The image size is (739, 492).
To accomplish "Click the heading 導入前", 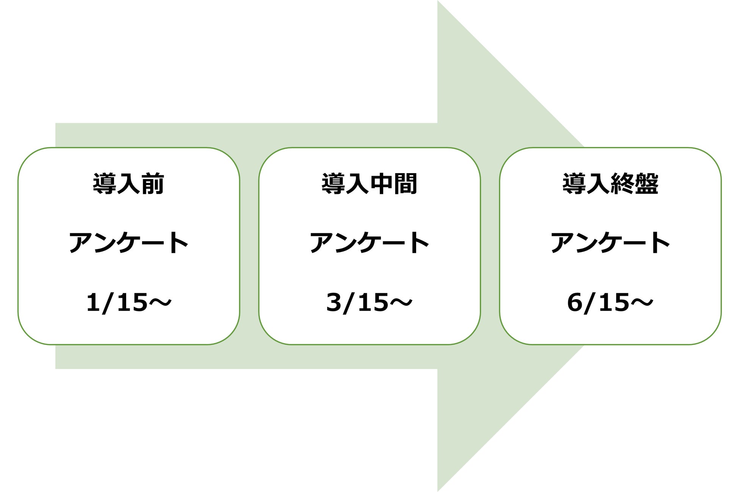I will pyautogui.click(x=128, y=184).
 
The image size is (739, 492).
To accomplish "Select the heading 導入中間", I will pyautogui.click(x=369, y=184).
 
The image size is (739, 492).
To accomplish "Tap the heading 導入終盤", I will pyautogui.click(x=610, y=184).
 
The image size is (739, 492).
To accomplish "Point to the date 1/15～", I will pyautogui.click(x=128, y=303).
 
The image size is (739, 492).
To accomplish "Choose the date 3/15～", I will pyautogui.click(x=369, y=303).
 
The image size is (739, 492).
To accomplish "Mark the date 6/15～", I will pyautogui.click(x=610, y=303).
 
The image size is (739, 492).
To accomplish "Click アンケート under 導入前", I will pyautogui.click(x=128, y=243).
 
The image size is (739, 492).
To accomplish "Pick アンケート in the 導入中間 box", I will pyautogui.click(x=369, y=243).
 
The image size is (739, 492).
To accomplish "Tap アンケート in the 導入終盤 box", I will pyautogui.click(x=610, y=243).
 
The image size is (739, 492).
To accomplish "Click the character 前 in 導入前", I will pyautogui.click(x=152, y=184).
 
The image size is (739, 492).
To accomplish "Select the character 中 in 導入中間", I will pyautogui.click(x=381, y=184).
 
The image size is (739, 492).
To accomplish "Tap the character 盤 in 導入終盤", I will pyautogui.click(x=646, y=184).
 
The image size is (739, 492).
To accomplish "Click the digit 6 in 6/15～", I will pyautogui.click(x=575, y=303).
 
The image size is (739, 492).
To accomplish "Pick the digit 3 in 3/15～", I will pyautogui.click(x=334, y=303).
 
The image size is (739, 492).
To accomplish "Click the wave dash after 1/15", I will pyautogui.click(x=160, y=303).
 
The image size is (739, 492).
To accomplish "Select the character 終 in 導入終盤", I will pyautogui.click(x=622, y=184).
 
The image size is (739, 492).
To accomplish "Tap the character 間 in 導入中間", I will pyautogui.click(x=405, y=184).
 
